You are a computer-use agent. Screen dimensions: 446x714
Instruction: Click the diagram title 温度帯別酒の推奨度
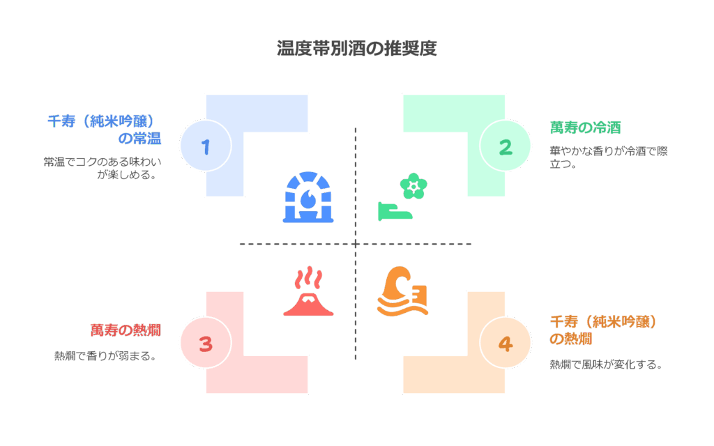[x=356, y=49]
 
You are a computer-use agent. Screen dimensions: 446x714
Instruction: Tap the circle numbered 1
[x=205, y=146]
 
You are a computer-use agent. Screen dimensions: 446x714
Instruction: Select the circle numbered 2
[x=506, y=146]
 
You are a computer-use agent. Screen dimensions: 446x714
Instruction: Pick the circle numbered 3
[x=205, y=344]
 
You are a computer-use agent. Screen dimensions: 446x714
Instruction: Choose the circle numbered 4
[x=506, y=344]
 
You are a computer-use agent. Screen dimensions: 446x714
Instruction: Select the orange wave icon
[x=402, y=291]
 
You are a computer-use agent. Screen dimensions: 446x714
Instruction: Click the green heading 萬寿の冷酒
[x=585, y=128]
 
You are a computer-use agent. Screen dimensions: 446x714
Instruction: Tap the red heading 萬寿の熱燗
[x=126, y=330]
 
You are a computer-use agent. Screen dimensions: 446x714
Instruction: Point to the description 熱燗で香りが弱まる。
[x=105, y=355]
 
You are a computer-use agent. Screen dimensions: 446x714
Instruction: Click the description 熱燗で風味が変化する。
[x=605, y=364]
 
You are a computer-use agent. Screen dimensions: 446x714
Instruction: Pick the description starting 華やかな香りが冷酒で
[x=608, y=158]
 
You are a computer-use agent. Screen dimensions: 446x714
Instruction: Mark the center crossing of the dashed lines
[x=356, y=244]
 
